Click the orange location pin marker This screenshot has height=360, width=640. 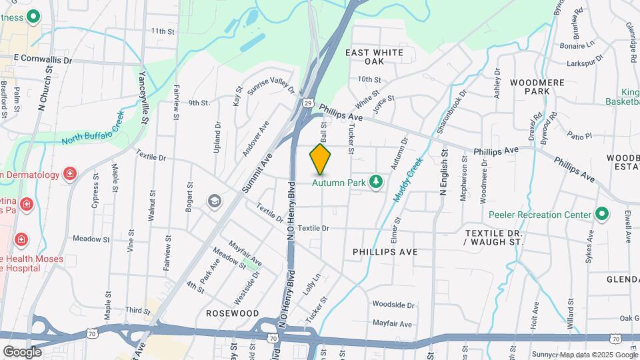click(x=321, y=159)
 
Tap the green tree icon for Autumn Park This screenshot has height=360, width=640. click(x=377, y=181)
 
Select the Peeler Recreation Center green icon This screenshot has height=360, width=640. click(x=602, y=214)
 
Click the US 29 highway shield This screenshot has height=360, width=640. click(x=307, y=103)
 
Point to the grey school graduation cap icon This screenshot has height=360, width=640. click(x=214, y=201)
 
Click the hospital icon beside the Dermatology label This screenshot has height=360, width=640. click(x=69, y=175)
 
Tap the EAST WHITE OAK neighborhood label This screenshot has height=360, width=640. click(x=374, y=57)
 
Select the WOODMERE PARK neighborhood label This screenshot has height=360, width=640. click(x=537, y=87)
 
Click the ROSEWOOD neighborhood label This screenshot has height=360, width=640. click(x=232, y=313)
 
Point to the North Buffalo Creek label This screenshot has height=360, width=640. click(x=93, y=129)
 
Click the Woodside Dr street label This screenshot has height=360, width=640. click(x=393, y=305)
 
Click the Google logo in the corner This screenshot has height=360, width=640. click(x=22, y=351)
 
